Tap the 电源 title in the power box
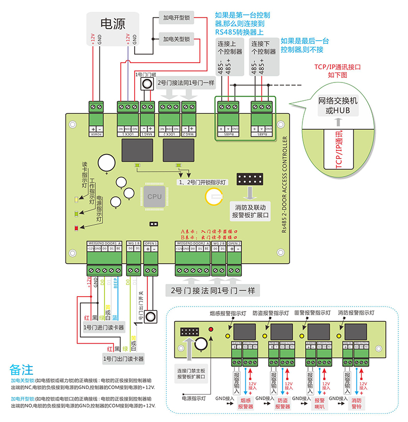click(113, 23)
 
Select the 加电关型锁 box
click(176, 39)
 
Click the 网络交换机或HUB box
click(338, 105)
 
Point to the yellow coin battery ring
click(213, 196)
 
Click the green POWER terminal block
click(96, 107)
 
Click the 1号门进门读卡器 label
click(104, 327)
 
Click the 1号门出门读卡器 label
click(123, 359)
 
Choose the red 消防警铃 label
click(358, 403)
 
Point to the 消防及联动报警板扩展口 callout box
click(250, 212)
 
